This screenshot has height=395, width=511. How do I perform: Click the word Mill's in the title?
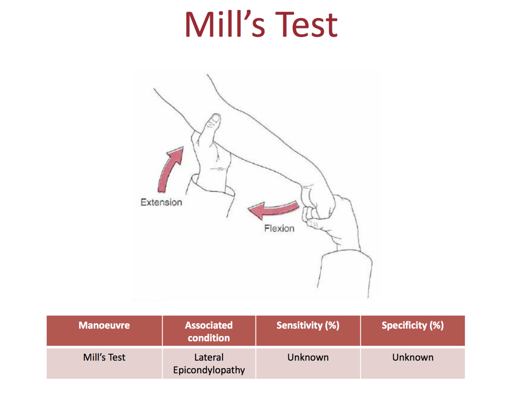click(x=224, y=25)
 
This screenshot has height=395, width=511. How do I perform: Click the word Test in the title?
click(x=306, y=25)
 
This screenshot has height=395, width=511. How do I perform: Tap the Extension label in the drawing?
click(x=161, y=202)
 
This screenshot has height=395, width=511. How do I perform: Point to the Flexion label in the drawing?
click(x=279, y=229)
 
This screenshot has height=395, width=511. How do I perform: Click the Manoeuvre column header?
click(x=104, y=325)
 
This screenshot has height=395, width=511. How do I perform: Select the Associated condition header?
click(x=209, y=331)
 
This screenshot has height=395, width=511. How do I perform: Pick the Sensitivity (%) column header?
click(x=308, y=325)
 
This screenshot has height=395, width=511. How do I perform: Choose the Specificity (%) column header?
click(x=413, y=325)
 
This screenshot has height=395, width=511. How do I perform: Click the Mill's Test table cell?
click(x=104, y=357)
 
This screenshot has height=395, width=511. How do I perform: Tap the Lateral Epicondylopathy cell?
click(x=209, y=364)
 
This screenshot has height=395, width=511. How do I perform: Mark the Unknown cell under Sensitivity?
click(x=308, y=357)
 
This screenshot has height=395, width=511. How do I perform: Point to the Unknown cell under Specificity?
click(x=413, y=357)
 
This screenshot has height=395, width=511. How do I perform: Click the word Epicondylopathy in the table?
click(x=209, y=370)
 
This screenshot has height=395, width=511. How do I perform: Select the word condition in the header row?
click(x=209, y=338)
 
